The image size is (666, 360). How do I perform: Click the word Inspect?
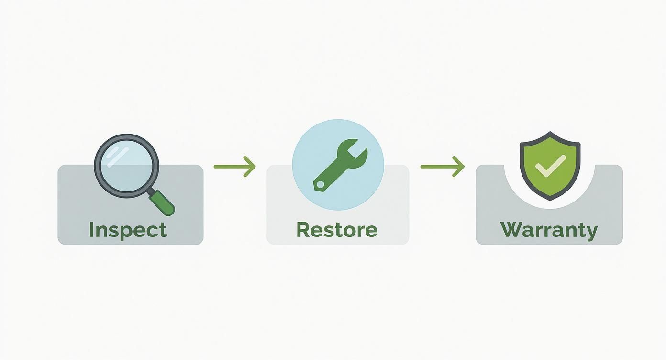click(128, 230)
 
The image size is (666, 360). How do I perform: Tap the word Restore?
click(337, 230)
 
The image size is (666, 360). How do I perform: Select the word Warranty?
click(549, 230)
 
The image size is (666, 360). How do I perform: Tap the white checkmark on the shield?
click(550, 166)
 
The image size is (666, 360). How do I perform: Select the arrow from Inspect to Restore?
click(234, 167)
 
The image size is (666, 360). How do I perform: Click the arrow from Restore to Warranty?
click(442, 167)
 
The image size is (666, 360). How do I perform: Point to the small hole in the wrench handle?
click(319, 184)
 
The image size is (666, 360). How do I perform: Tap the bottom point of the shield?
click(550, 198)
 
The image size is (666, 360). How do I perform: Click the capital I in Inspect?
click(92, 230)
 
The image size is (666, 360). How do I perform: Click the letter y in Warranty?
click(591, 232)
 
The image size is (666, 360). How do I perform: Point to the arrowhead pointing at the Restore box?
click(251, 167)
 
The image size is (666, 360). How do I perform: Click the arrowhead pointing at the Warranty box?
click(459, 167)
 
